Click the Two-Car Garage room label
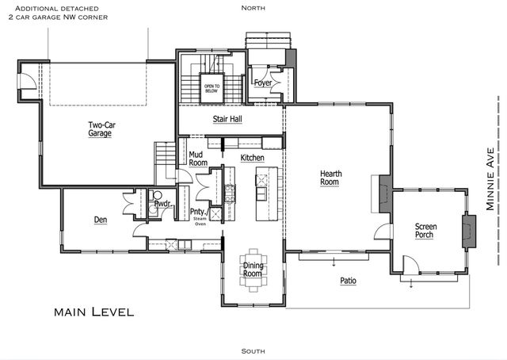[100, 129]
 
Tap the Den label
[101, 220]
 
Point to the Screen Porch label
[426, 231]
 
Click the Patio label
[348, 281]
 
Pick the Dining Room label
[252, 270]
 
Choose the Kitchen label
[252, 159]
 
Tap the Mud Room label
[198, 159]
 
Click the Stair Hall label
[227, 120]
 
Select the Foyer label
[263, 82]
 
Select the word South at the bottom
[253, 350]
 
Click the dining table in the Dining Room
[253, 270]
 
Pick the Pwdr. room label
[162, 204]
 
